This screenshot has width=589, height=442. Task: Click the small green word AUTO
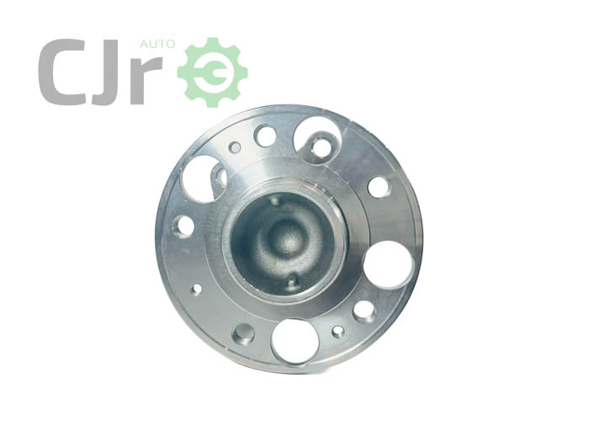(x=157, y=45)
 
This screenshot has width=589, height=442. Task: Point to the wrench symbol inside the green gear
(x=214, y=72)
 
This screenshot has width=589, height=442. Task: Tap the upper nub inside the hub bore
(x=274, y=200)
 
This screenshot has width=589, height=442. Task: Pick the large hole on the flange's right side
(x=389, y=265)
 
